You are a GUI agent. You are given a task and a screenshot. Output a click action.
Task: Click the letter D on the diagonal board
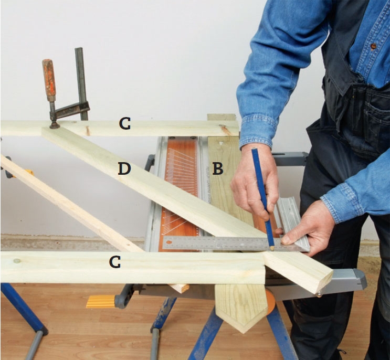124,168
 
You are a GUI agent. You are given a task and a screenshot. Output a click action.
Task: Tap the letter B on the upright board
218,168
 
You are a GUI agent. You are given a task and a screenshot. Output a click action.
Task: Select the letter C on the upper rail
124,123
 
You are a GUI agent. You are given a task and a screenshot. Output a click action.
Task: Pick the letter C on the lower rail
115,262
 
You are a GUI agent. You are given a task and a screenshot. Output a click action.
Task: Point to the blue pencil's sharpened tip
272,248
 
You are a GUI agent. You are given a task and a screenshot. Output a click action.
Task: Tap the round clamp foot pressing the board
55,125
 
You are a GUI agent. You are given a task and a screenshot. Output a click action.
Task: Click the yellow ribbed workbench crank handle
101,301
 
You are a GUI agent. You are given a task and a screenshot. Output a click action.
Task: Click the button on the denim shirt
373,46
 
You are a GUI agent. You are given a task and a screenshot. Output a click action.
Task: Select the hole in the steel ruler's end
170,241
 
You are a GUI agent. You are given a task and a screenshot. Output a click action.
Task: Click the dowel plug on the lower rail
17,261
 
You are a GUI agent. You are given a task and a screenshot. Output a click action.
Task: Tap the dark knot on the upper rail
87,130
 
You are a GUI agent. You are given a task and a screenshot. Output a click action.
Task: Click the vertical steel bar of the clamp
81,83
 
